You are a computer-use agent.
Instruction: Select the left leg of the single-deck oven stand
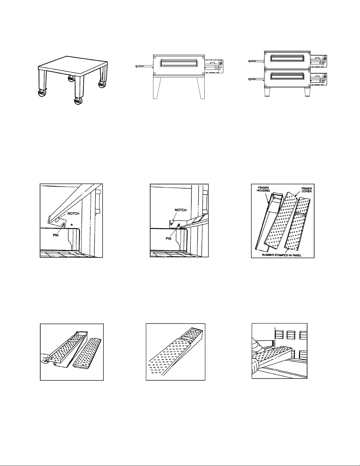(156, 88)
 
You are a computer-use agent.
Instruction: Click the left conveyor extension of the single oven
(145, 66)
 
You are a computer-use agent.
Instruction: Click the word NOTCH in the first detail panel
(73, 213)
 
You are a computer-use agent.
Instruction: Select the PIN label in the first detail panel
(56, 235)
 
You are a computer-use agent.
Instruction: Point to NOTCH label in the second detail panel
(181, 210)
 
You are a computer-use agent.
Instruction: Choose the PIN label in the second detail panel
(168, 239)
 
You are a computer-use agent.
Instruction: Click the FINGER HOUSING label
(263, 189)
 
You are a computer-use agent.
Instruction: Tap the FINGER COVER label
(307, 190)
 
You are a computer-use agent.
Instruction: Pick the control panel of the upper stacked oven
(319, 59)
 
